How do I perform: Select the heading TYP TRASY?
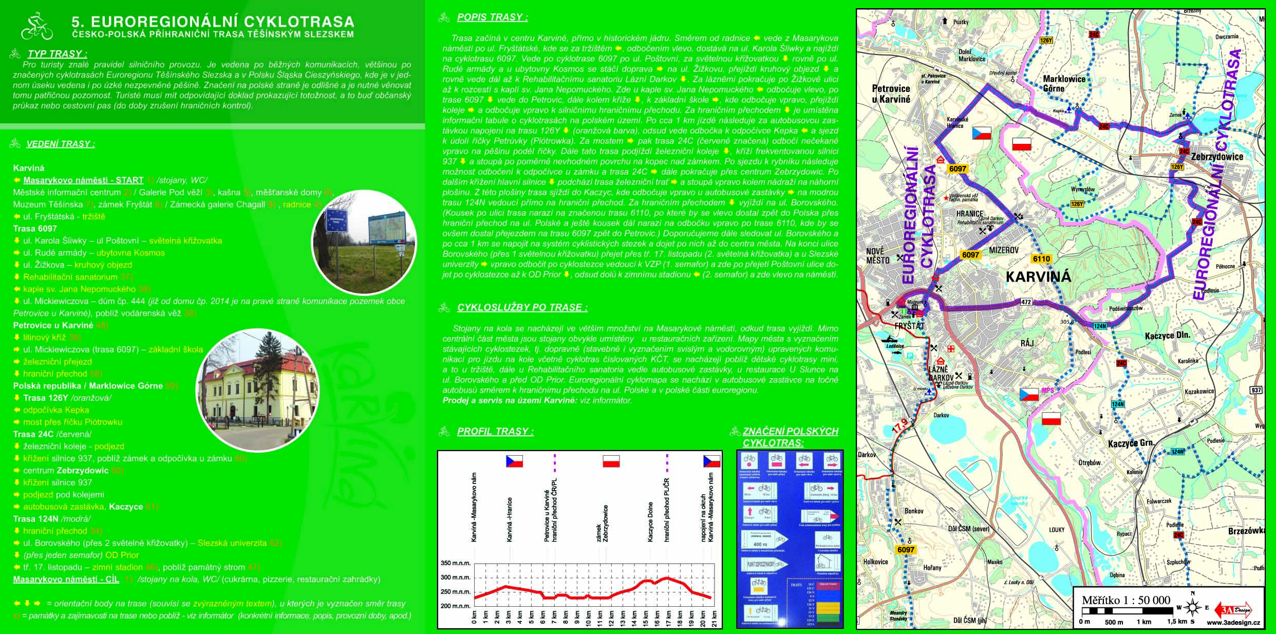(x=57, y=54)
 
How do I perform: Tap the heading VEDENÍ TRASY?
(x=60, y=144)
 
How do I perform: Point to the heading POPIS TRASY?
(x=492, y=17)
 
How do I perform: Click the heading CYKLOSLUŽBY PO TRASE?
(x=522, y=308)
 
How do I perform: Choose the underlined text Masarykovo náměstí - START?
(x=83, y=180)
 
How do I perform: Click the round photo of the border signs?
(x=364, y=241)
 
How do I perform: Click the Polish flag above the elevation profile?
(x=611, y=461)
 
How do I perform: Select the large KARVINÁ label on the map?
(x=1038, y=277)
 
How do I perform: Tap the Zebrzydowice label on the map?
(x=1217, y=157)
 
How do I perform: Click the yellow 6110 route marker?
(x=1041, y=258)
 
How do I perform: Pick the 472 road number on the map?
(x=1026, y=302)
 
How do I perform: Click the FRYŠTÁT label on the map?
(x=909, y=326)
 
